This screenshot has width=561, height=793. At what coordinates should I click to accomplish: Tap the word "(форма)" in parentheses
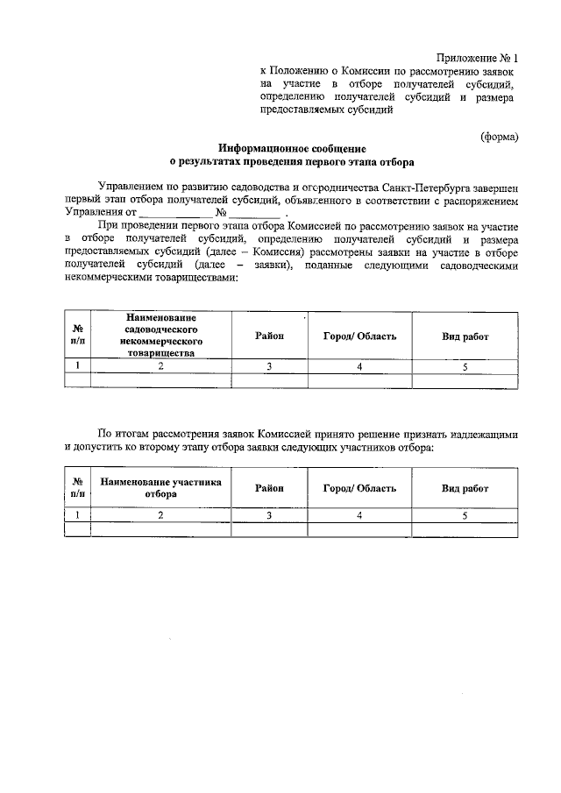click(x=500, y=136)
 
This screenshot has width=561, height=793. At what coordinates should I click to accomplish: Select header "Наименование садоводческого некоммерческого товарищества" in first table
click(x=160, y=336)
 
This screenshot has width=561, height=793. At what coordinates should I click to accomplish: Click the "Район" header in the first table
click(x=269, y=336)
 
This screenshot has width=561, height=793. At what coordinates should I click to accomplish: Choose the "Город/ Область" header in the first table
click(x=359, y=336)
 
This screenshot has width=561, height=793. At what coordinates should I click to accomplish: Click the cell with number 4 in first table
click(x=359, y=366)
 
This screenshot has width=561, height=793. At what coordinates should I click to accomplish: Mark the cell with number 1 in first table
click(x=78, y=366)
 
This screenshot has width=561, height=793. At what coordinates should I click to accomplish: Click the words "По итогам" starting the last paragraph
click(x=123, y=433)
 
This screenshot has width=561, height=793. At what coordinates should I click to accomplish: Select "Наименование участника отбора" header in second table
click(x=160, y=488)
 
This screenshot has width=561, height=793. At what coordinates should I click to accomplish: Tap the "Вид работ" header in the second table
click(x=465, y=488)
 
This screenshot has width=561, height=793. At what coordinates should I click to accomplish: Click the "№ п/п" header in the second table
click(x=78, y=488)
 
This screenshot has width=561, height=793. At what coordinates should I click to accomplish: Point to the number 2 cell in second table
click(x=160, y=515)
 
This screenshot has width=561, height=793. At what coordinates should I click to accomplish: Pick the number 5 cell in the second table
click(x=465, y=515)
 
